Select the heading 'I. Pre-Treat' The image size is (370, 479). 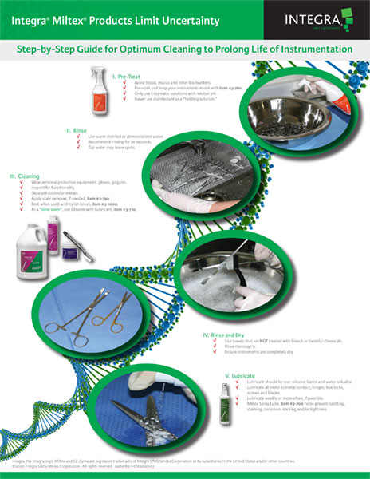point(128,76)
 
